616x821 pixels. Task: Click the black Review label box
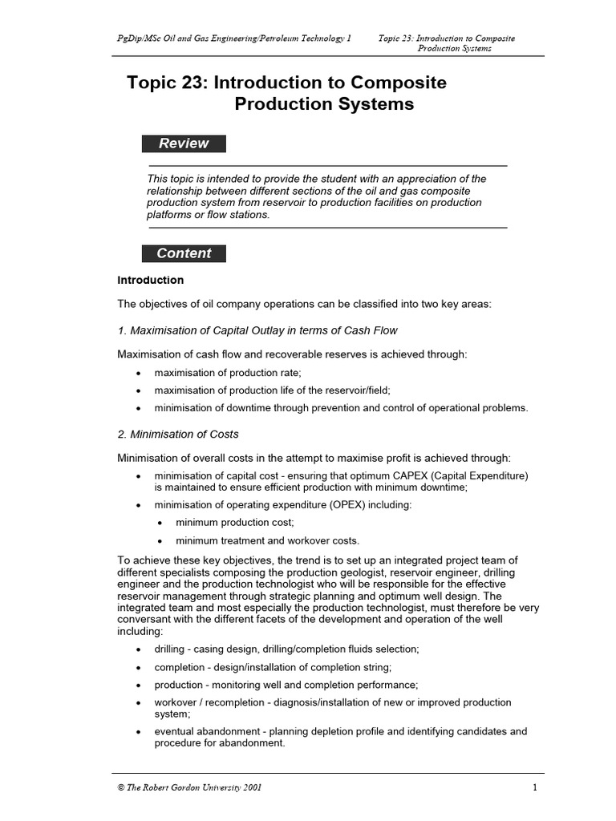click(184, 144)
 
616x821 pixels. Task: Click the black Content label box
click(184, 253)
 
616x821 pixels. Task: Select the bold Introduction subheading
click(151, 281)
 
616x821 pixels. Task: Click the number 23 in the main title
click(191, 83)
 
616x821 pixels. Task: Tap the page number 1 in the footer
click(534, 787)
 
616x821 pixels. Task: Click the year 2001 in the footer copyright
click(249, 787)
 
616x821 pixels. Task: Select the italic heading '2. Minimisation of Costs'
click(178, 435)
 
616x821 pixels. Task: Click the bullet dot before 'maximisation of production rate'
click(139, 374)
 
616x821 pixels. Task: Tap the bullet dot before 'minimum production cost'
click(160, 523)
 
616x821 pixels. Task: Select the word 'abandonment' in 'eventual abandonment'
click(231, 731)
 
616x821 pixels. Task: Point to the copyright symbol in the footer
click(121, 787)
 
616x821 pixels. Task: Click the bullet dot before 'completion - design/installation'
click(139, 667)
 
